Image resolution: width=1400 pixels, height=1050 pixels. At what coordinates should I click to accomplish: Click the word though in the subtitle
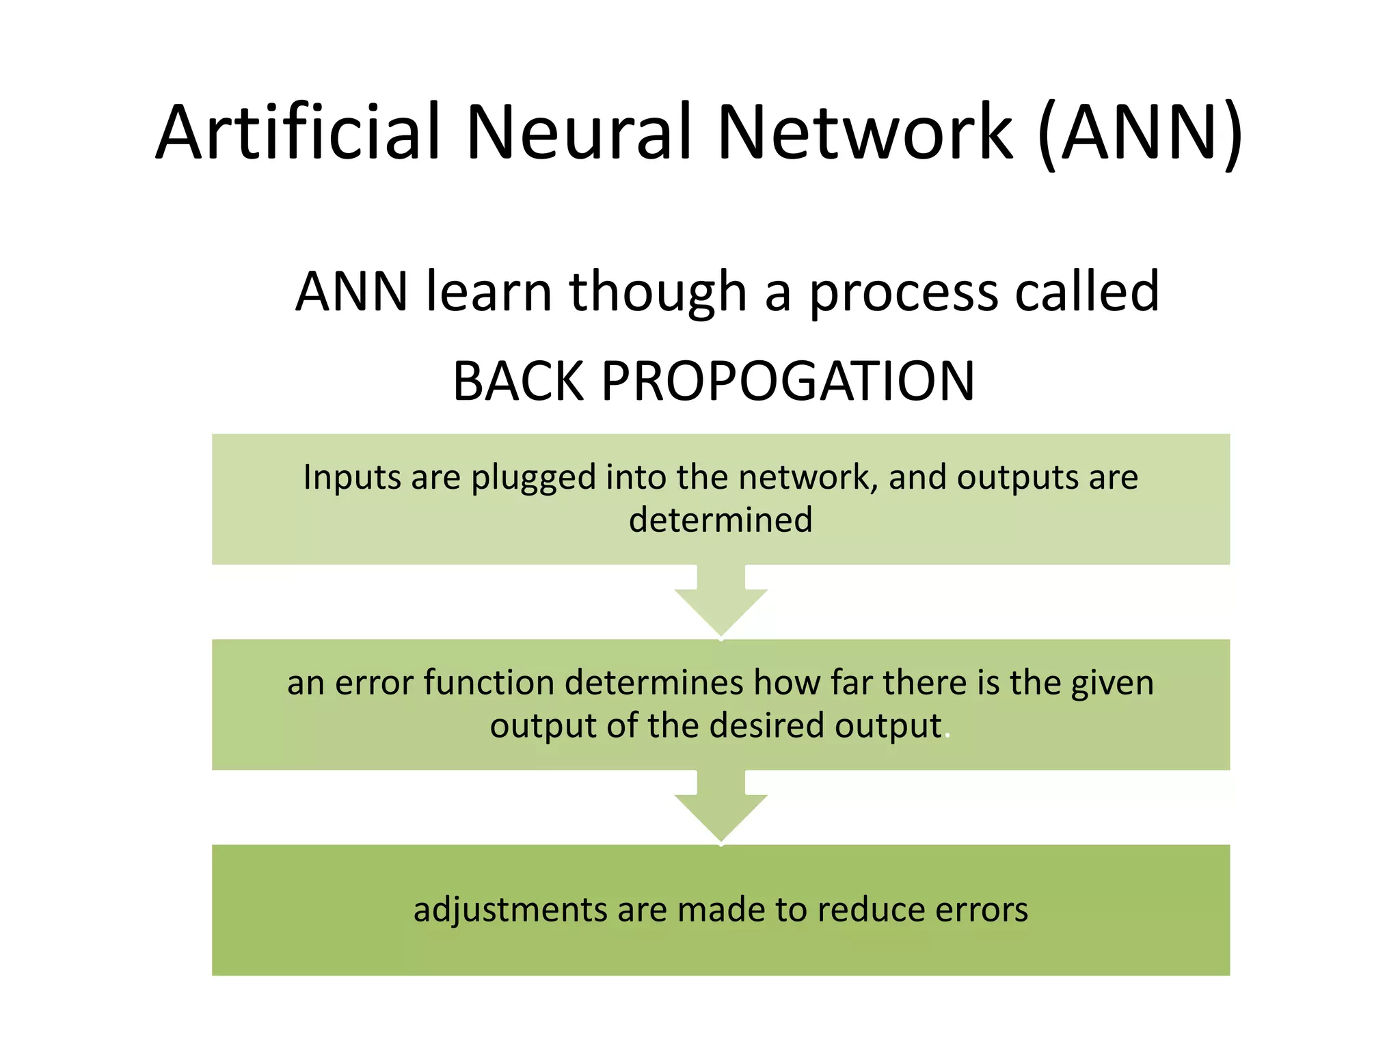click(x=658, y=292)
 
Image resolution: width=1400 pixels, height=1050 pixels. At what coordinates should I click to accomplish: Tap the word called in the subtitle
click(x=1087, y=292)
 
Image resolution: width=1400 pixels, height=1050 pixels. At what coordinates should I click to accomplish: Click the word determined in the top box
click(x=721, y=520)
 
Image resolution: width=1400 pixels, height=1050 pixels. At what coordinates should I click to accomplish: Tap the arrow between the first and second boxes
click(x=721, y=602)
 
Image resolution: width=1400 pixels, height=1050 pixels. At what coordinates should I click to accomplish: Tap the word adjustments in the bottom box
click(x=510, y=911)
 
